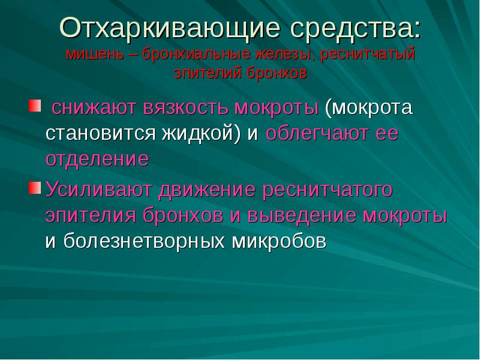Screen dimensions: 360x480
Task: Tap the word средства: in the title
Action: (354, 28)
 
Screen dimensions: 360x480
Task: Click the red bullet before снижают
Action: (34, 107)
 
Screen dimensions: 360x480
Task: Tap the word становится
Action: (99, 134)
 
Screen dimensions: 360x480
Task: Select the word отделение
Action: (97, 160)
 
